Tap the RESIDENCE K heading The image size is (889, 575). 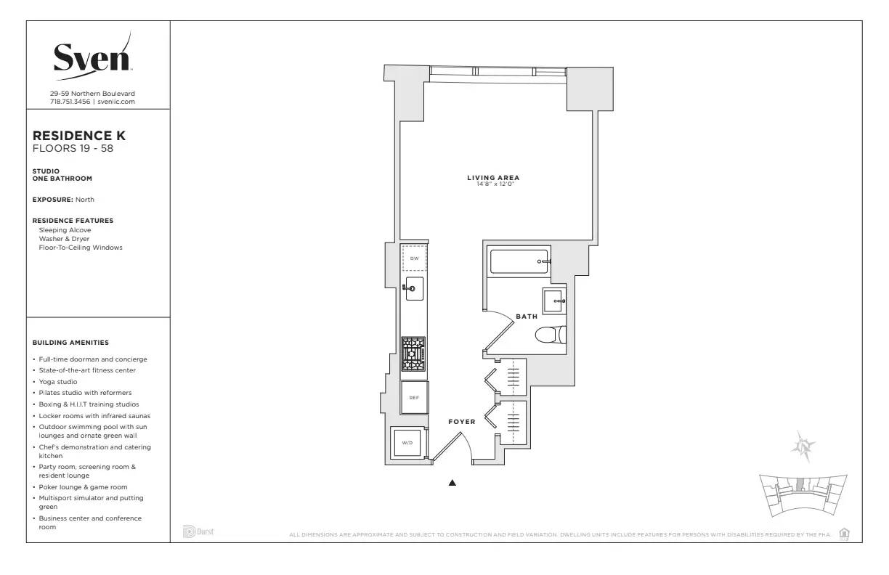79,136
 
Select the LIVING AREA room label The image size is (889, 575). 493,178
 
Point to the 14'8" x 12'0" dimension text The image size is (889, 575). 493,184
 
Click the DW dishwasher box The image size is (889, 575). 414,258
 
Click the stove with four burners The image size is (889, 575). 414,354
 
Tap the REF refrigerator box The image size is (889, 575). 414,397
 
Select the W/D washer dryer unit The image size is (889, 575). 407,443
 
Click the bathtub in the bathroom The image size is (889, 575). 519,261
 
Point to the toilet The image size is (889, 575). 550,335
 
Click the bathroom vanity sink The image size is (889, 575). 554,300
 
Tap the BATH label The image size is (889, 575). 527,317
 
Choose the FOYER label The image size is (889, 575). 461,422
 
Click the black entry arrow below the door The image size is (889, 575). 452,482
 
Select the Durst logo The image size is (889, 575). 198,532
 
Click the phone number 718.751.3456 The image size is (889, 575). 70,102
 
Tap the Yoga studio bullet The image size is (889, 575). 58,382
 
